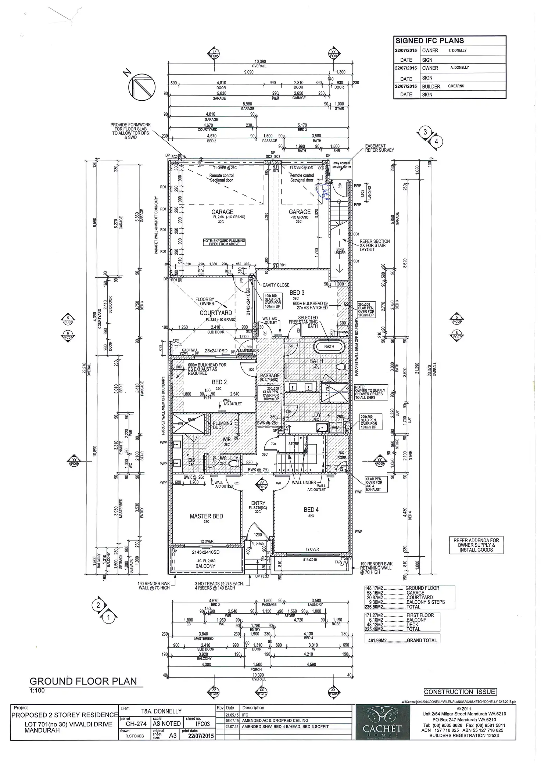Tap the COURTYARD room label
tap(216, 313)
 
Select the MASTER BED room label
tap(206, 516)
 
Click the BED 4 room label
tap(311, 510)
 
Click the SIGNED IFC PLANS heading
tap(429, 41)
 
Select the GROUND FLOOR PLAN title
tap(83, 681)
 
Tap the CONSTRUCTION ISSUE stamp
tap(460, 692)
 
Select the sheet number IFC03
tap(203, 724)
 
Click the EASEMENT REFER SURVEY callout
tap(379, 148)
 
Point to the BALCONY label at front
tap(205, 566)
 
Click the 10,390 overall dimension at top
tap(260, 62)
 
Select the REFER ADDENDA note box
tap(476, 545)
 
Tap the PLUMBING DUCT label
tap(223, 425)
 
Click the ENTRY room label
tap(258, 503)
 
